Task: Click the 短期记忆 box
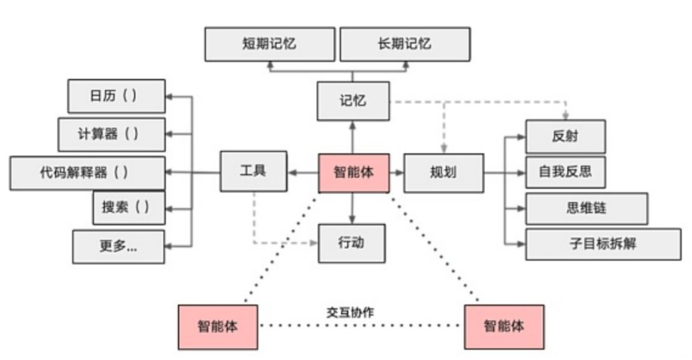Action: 269,44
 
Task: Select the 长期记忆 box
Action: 405,44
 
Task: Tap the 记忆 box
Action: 353,101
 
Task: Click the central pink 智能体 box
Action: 353,173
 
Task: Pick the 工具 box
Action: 253,171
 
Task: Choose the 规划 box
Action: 443,173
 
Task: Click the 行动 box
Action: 352,243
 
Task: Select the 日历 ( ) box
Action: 116,96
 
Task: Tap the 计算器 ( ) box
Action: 112,134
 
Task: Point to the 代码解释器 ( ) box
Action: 87,173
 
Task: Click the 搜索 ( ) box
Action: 129,208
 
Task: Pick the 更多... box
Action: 119,246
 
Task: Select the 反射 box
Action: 565,136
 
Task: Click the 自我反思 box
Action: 565,172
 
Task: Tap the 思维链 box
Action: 586,208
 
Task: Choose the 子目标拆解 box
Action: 603,244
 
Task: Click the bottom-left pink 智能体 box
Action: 218,326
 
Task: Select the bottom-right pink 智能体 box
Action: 504,326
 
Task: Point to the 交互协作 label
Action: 350,312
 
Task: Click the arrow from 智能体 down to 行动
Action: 352,209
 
